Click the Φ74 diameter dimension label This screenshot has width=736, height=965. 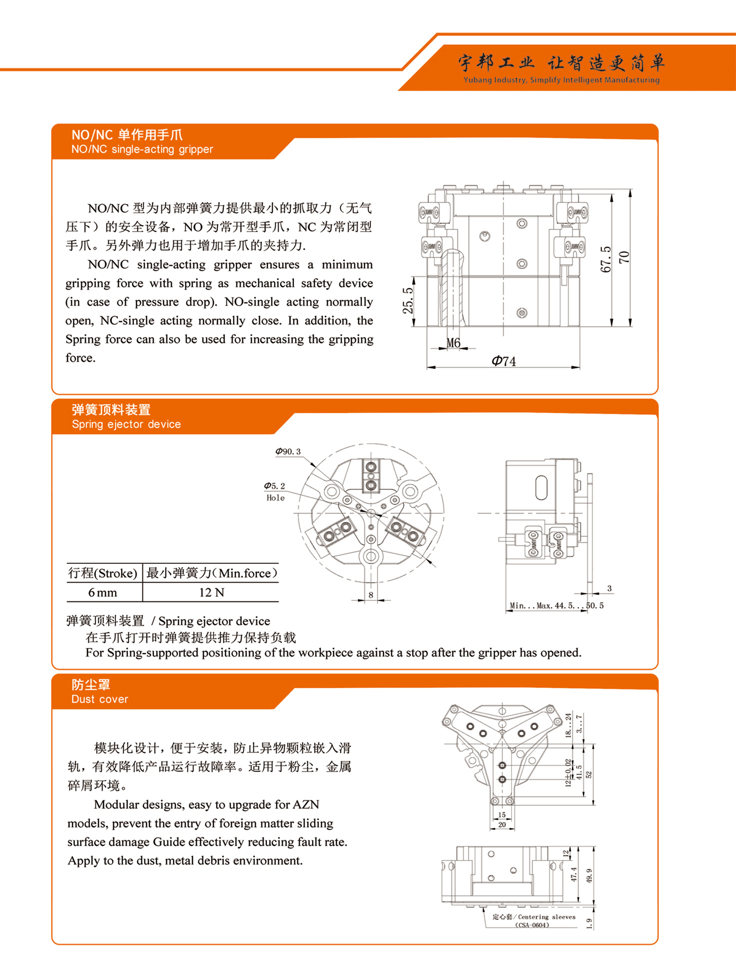pos(503,361)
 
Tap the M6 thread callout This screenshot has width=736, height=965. pos(453,343)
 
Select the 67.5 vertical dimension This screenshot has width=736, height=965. pos(605,259)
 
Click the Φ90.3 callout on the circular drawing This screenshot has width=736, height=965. pos(288,451)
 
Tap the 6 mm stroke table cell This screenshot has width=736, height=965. pos(103,592)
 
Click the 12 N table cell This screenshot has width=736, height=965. pos(211,592)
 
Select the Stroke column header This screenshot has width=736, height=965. pos(103,573)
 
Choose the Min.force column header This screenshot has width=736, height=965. pos(211,573)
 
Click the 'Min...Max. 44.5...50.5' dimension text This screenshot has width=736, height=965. pos(556,605)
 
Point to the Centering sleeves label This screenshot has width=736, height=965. pos(533,917)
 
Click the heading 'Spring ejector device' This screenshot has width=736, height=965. pos(126,424)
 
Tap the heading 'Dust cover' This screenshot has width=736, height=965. pos(99,699)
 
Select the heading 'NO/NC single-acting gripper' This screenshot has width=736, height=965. pos(142,149)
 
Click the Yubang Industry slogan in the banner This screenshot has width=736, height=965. pos(561,80)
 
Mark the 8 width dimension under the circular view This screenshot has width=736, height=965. pos(370,595)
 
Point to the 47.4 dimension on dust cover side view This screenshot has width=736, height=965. pos(573,874)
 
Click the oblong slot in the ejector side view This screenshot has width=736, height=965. pos(541,488)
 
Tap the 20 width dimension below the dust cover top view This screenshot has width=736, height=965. pos(502,824)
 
